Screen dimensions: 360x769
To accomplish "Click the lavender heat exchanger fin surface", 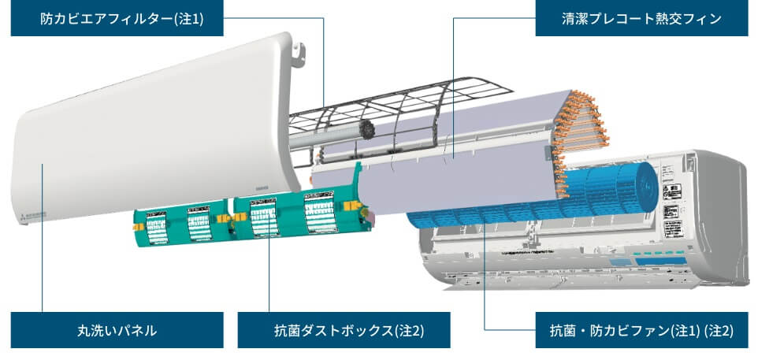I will (457, 158).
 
